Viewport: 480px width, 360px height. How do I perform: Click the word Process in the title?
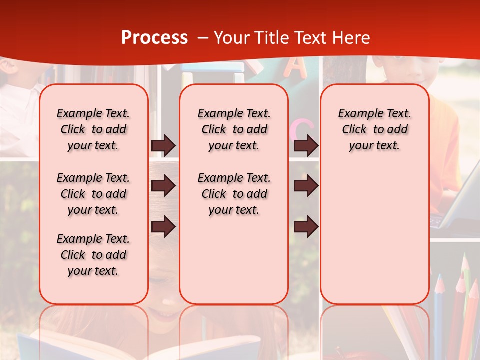[x=154, y=37]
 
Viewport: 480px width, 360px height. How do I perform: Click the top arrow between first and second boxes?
[x=163, y=145]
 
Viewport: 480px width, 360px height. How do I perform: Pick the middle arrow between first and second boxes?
[x=163, y=186]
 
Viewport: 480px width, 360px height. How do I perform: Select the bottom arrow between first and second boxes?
[x=163, y=226]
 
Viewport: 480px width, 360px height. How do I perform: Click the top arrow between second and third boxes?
[x=306, y=145]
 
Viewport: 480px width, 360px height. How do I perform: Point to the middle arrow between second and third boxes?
[x=306, y=186]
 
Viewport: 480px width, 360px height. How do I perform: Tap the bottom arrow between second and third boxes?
[x=306, y=226]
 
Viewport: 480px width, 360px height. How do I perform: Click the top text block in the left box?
[x=93, y=129]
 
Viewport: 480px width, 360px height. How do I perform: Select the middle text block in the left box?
[x=93, y=194]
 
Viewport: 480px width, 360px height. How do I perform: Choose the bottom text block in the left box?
[x=93, y=255]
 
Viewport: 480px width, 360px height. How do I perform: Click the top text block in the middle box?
[x=234, y=129]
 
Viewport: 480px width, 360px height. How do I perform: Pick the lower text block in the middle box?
[x=234, y=194]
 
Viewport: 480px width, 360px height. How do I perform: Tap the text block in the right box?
[x=374, y=129]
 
